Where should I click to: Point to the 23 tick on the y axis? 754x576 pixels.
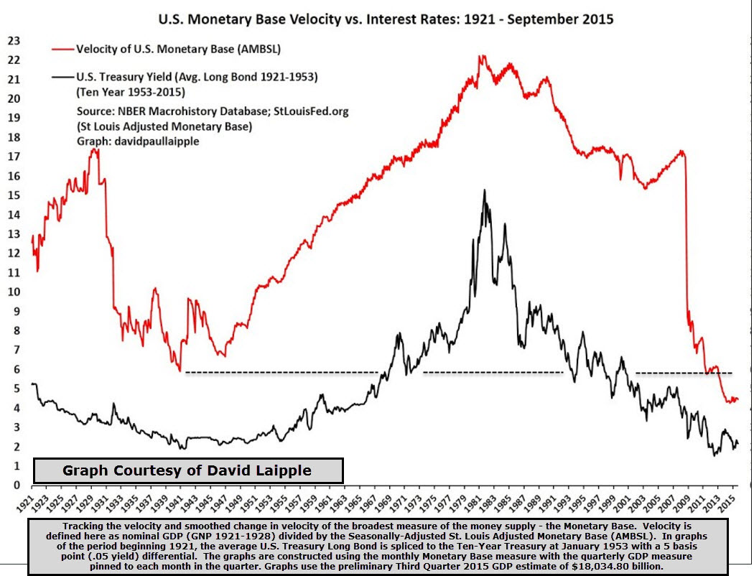click(x=13, y=41)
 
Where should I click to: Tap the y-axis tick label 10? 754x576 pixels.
click(x=13, y=292)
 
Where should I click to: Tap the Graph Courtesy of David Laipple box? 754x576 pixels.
click(x=189, y=470)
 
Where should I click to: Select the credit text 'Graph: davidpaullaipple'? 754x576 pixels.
click(x=138, y=141)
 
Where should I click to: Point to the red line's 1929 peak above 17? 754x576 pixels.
click(x=93, y=149)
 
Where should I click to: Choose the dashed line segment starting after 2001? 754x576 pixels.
click(x=684, y=373)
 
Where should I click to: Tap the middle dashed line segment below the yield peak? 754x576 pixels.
click(x=493, y=372)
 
